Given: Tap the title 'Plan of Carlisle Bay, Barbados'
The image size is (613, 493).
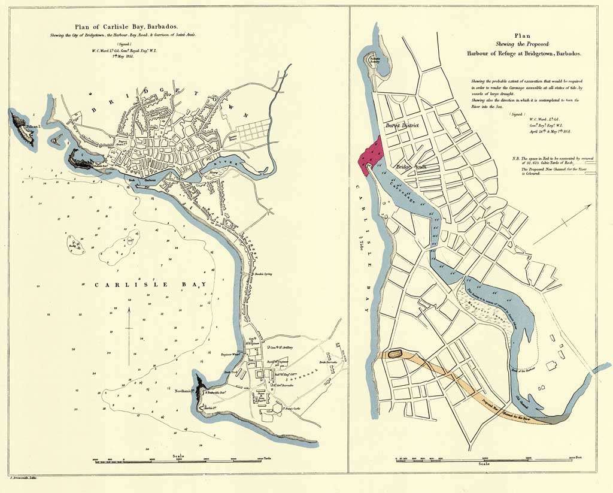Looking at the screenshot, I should (x=134, y=26).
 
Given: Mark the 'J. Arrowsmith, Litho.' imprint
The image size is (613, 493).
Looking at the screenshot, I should (x=22, y=479).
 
